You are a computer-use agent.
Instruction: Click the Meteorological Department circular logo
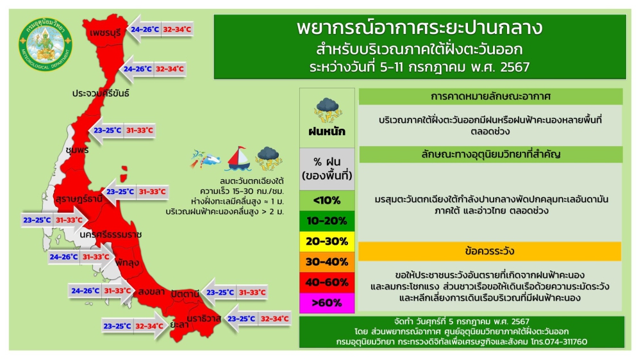point(46,45)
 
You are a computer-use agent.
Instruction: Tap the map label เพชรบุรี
point(106,31)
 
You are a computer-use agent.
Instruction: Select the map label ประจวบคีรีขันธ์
point(101,93)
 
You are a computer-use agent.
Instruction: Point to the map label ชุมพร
point(76,150)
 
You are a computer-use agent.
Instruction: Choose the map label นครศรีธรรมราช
point(110,234)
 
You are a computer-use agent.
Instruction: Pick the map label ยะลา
point(179,325)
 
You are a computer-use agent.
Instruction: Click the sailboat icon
point(237,158)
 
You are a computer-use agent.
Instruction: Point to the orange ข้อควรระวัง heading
point(490,251)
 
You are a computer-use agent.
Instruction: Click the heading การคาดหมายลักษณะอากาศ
point(490,97)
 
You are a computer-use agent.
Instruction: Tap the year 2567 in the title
point(510,67)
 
